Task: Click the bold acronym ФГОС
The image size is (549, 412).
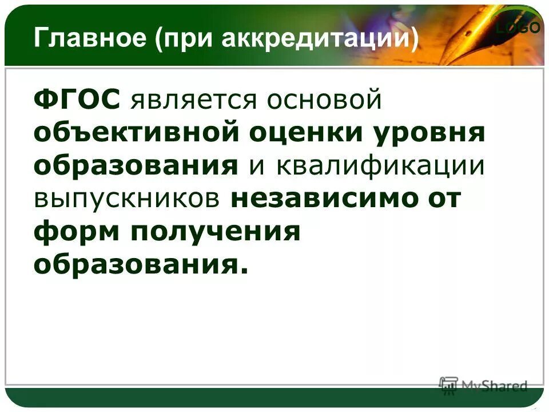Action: [x=77, y=101]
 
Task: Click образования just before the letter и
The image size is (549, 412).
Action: [x=136, y=166]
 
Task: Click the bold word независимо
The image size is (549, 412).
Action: [x=324, y=199]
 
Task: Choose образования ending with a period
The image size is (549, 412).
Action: [x=141, y=264]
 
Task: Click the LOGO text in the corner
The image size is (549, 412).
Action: [x=518, y=29]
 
